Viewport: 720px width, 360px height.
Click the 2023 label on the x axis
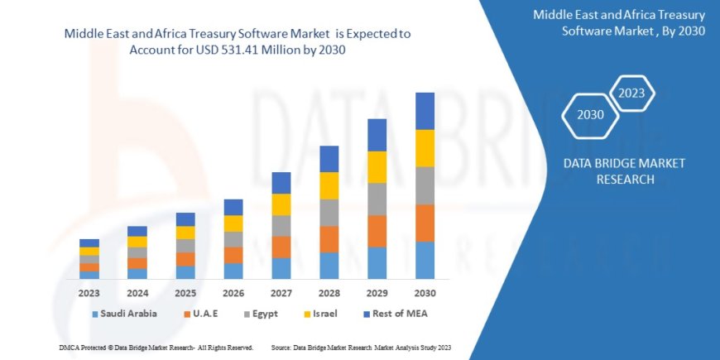[89, 293]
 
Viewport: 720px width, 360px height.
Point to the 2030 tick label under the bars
[425, 293]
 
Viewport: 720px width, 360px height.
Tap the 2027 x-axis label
[281, 293]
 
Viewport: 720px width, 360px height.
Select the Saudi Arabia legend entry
[130, 314]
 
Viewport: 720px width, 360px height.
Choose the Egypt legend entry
[266, 314]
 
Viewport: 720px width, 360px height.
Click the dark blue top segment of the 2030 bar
[425, 111]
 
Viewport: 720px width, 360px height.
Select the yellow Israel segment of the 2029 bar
[377, 167]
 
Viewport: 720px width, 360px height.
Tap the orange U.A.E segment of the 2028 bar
[329, 239]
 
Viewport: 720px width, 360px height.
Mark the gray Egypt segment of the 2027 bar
[281, 226]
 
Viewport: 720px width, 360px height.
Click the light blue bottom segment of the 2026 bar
[233, 271]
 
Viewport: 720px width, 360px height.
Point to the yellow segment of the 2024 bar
[137, 242]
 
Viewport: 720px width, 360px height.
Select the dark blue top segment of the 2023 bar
[89, 242]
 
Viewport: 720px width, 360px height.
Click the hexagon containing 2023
[631, 92]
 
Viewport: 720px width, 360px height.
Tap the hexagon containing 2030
[591, 114]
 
